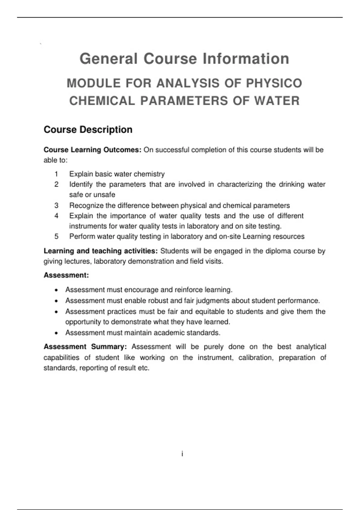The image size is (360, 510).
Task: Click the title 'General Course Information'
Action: pyautogui.click(x=184, y=58)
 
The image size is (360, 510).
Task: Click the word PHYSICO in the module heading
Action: pyautogui.click(x=274, y=83)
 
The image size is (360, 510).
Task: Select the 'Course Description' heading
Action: pyautogui.click(x=88, y=130)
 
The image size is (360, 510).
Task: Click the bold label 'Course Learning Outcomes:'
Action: pyautogui.click(x=92, y=150)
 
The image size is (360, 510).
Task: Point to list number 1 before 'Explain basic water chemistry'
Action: pyautogui.click(x=56, y=174)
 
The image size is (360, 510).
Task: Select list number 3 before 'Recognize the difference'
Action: pyautogui.click(x=56, y=205)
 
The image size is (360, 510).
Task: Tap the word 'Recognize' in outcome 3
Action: pyautogui.click(x=86, y=205)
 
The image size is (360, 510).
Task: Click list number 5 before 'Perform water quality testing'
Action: pyautogui.click(x=56, y=236)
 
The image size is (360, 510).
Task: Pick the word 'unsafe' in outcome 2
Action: pyautogui.click(x=105, y=195)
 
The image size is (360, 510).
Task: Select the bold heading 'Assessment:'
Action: pyautogui.click(x=66, y=275)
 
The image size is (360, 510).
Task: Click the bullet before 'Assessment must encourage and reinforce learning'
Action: pyautogui.click(x=56, y=290)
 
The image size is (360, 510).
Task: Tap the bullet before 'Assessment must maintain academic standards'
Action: pyautogui.click(x=56, y=333)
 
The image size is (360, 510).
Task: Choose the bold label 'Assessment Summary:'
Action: pyautogui.click(x=85, y=347)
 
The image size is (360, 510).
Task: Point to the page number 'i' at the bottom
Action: pyautogui.click(x=182, y=454)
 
